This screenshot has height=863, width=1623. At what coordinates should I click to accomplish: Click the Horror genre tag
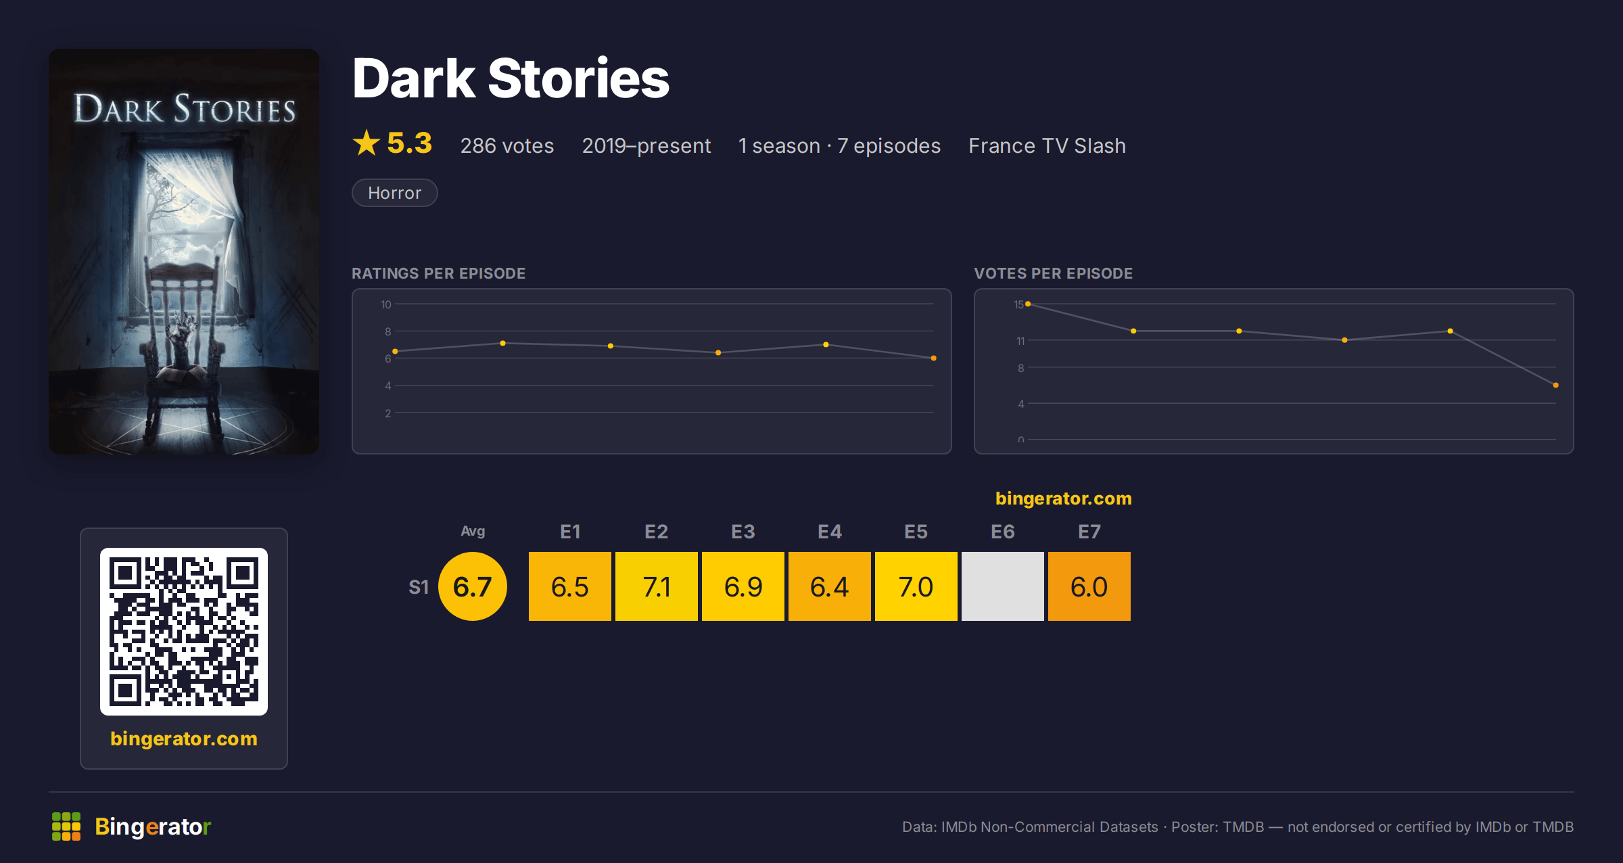click(395, 193)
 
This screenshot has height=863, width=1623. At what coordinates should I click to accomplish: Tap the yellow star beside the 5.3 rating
click(367, 143)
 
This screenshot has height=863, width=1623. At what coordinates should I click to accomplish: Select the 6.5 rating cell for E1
click(570, 586)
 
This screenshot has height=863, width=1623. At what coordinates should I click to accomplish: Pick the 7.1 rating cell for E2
click(657, 586)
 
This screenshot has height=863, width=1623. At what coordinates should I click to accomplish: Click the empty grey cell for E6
click(1003, 586)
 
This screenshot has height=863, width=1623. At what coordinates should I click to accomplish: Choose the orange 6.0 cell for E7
click(1089, 586)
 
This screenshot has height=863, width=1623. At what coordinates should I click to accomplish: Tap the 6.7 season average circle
click(473, 586)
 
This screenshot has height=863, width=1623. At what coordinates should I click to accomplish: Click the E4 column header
click(830, 532)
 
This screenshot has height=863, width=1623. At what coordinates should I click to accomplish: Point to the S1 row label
click(419, 587)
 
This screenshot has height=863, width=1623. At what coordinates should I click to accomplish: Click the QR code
click(184, 632)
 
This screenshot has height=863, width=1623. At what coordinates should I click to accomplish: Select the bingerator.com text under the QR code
click(184, 739)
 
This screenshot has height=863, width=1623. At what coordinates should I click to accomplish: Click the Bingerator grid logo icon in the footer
click(66, 826)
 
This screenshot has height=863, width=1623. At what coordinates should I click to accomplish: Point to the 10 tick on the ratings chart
click(386, 304)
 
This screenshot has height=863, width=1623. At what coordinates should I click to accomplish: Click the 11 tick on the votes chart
click(1020, 341)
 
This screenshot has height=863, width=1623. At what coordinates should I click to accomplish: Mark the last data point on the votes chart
click(1556, 386)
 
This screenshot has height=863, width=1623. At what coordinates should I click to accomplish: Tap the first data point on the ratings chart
click(395, 352)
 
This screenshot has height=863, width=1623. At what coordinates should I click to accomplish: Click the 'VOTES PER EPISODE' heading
click(1054, 273)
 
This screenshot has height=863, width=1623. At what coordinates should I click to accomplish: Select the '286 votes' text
click(507, 145)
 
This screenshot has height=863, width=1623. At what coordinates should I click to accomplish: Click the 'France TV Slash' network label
click(1047, 145)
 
